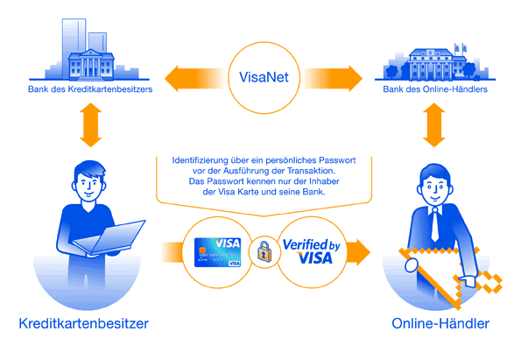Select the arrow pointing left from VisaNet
pyautogui.click(x=195, y=79)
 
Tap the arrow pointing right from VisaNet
pyautogui.click(x=332, y=79)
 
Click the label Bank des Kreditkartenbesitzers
pyautogui.click(x=90, y=89)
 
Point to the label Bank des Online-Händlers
pyautogui.click(x=435, y=89)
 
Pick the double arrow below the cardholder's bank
pyautogui.click(x=90, y=125)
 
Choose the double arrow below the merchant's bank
pyautogui.click(x=434, y=125)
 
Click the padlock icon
pyautogui.click(x=264, y=251)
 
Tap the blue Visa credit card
pyautogui.click(x=218, y=252)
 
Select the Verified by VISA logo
pyautogui.click(x=312, y=251)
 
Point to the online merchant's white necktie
pyautogui.click(x=434, y=224)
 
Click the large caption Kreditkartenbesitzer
pyautogui.click(x=84, y=323)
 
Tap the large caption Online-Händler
pyautogui.click(x=440, y=323)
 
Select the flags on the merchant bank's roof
pyautogui.click(x=460, y=48)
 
